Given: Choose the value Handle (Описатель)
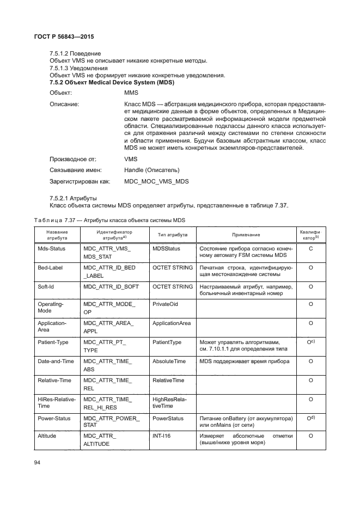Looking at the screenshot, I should point(151,170).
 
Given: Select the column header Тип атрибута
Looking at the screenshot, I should point(173,235).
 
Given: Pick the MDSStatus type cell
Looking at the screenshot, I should point(166,249).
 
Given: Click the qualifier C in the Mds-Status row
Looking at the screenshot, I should point(310,249).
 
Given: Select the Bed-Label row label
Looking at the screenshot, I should point(50,268).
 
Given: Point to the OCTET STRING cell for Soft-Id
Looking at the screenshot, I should point(173,286).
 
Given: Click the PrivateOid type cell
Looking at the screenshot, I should point(165,305).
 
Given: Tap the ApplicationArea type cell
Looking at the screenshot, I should point(172,323).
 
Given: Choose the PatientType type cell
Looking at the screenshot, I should point(167,342).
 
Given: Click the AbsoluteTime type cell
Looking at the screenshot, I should point(169,361).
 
